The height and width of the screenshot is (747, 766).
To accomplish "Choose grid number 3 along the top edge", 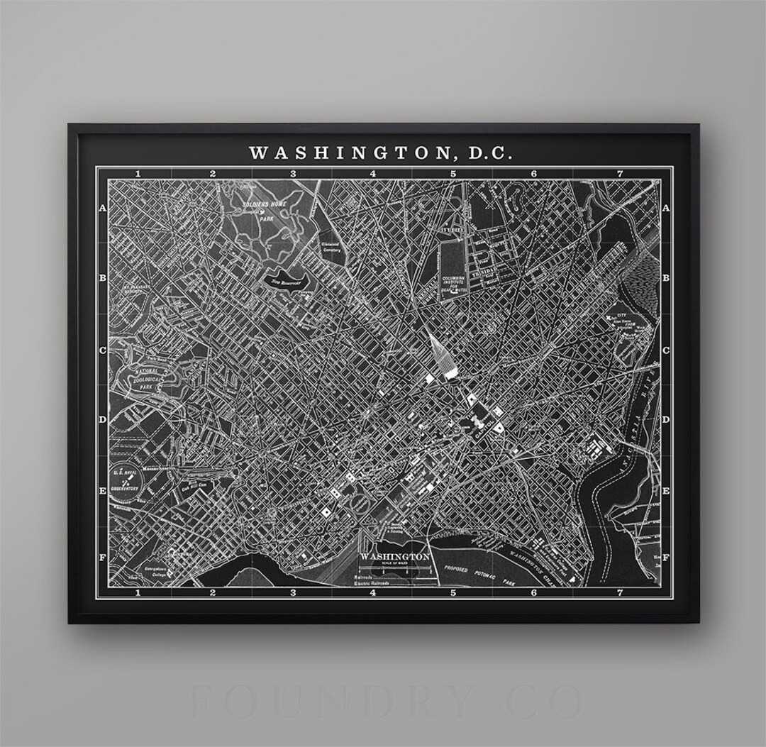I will click(292, 173).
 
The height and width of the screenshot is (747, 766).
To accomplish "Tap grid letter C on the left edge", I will click(102, 350).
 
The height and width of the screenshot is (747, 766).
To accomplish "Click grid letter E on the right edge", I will click(665, 490).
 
